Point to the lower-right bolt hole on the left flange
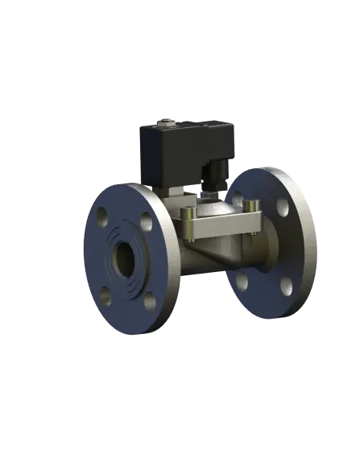click(x=148, y=300)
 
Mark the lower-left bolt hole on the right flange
click(x=241, y=282)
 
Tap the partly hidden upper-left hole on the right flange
click(x=239, y=199)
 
